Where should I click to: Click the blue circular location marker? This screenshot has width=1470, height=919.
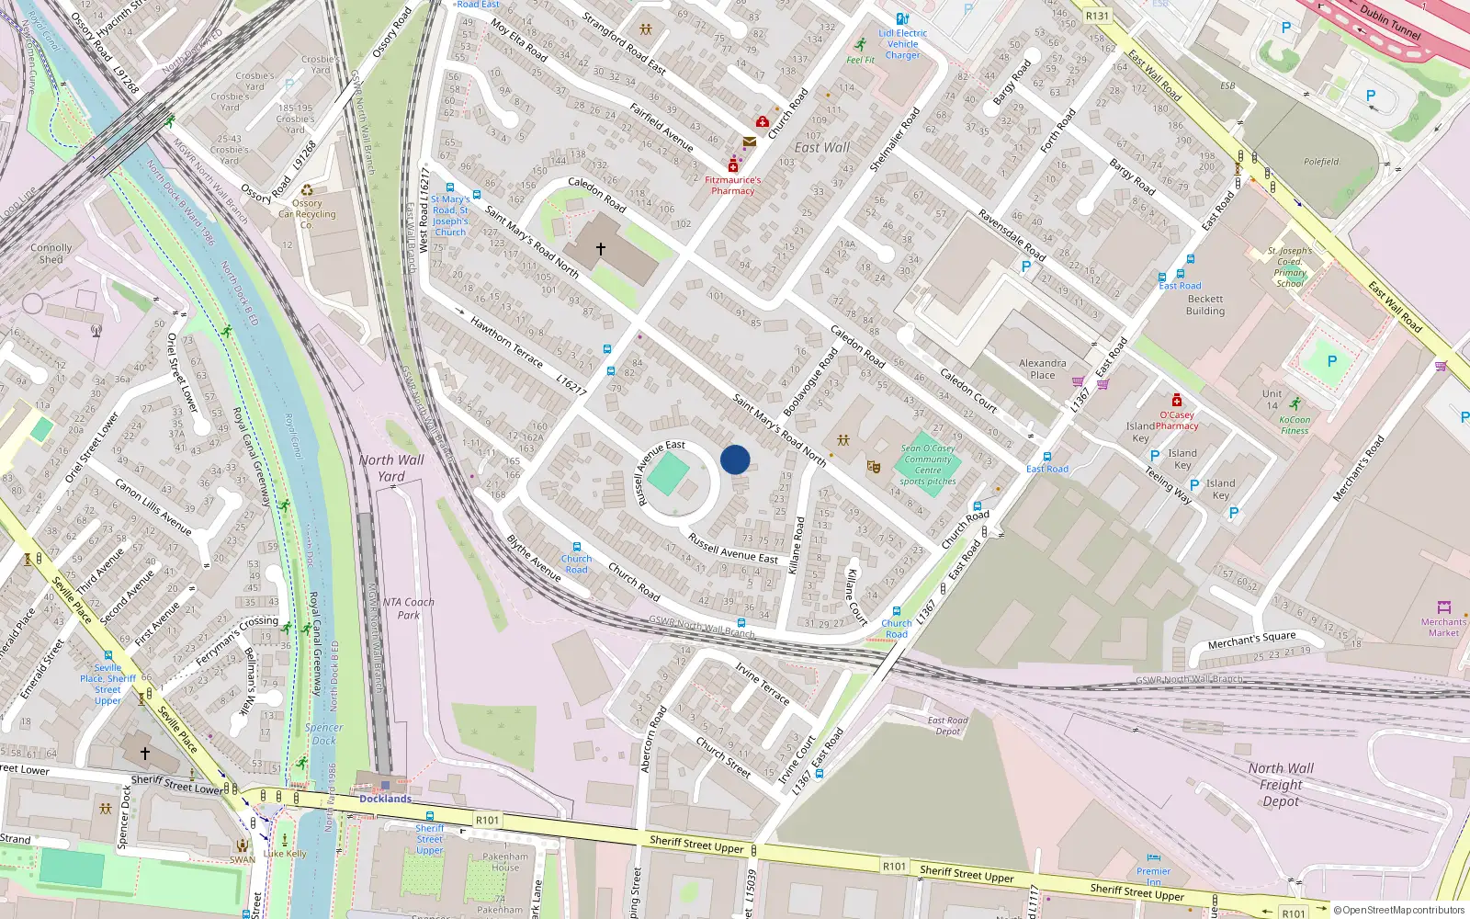(x=735, y=459)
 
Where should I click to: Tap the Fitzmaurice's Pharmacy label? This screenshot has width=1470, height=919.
(x=732, y=186)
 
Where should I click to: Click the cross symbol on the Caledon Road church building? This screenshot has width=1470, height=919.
(x=601, y=249)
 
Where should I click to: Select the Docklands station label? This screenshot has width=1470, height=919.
(x=385, y=799)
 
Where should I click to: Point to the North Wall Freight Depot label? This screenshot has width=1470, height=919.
(x=1281, y=784)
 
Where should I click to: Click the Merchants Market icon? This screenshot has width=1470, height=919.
(x=1443, y=607)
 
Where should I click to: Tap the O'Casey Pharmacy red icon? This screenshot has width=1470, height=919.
(x=1177, y=400)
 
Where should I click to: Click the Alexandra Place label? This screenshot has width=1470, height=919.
(x=1043, y=369)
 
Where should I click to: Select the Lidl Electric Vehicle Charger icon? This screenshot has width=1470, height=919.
(x=902, y=18)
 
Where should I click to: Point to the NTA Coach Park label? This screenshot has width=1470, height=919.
(x=408, y=608)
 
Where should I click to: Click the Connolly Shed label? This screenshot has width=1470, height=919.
(x=51, y=254)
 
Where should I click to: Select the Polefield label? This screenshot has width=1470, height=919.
(x=1321, y=162)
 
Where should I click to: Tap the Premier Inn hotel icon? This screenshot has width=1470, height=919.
(x=1153, y=858)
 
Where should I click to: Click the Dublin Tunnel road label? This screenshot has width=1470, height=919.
(x=1390, y=22)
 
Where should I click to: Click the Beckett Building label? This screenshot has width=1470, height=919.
(x=1205, y=305)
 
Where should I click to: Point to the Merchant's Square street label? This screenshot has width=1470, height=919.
(x=1251, y=640)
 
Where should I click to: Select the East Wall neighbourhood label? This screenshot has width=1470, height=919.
(x=822, y=147)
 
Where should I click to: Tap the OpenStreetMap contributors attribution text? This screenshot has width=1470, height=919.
(x=1399, y=910)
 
